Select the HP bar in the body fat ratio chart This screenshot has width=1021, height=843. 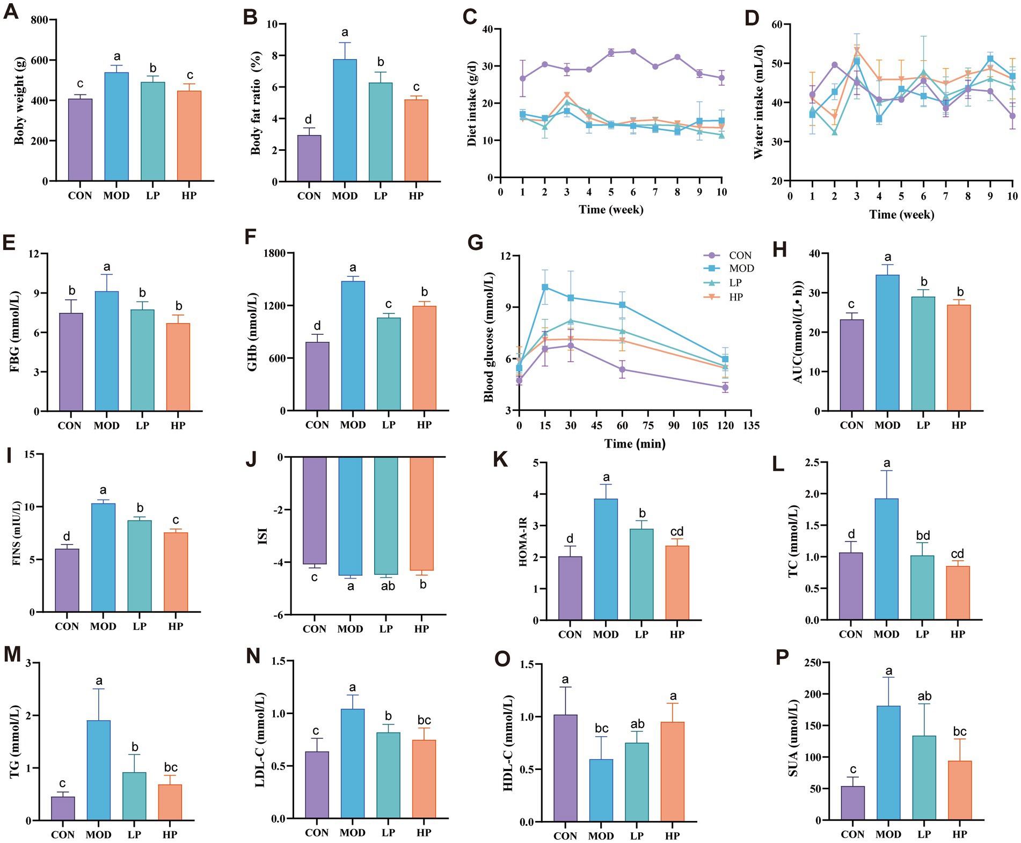[x=416, y=141]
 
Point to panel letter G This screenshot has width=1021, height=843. [x=475, y=242]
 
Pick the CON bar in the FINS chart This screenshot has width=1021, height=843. [x=67, y=580]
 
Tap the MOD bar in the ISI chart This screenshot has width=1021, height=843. [x=350, y=516]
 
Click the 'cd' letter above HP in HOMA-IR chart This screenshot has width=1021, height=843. [x=677, y=532]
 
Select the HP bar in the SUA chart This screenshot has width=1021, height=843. [x=959, y=790]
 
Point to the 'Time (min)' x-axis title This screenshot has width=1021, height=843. [x=635, y=444]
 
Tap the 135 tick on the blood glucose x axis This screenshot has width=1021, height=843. [x=751, y=426]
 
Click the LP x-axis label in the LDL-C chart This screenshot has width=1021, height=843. [x=388, y=833]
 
